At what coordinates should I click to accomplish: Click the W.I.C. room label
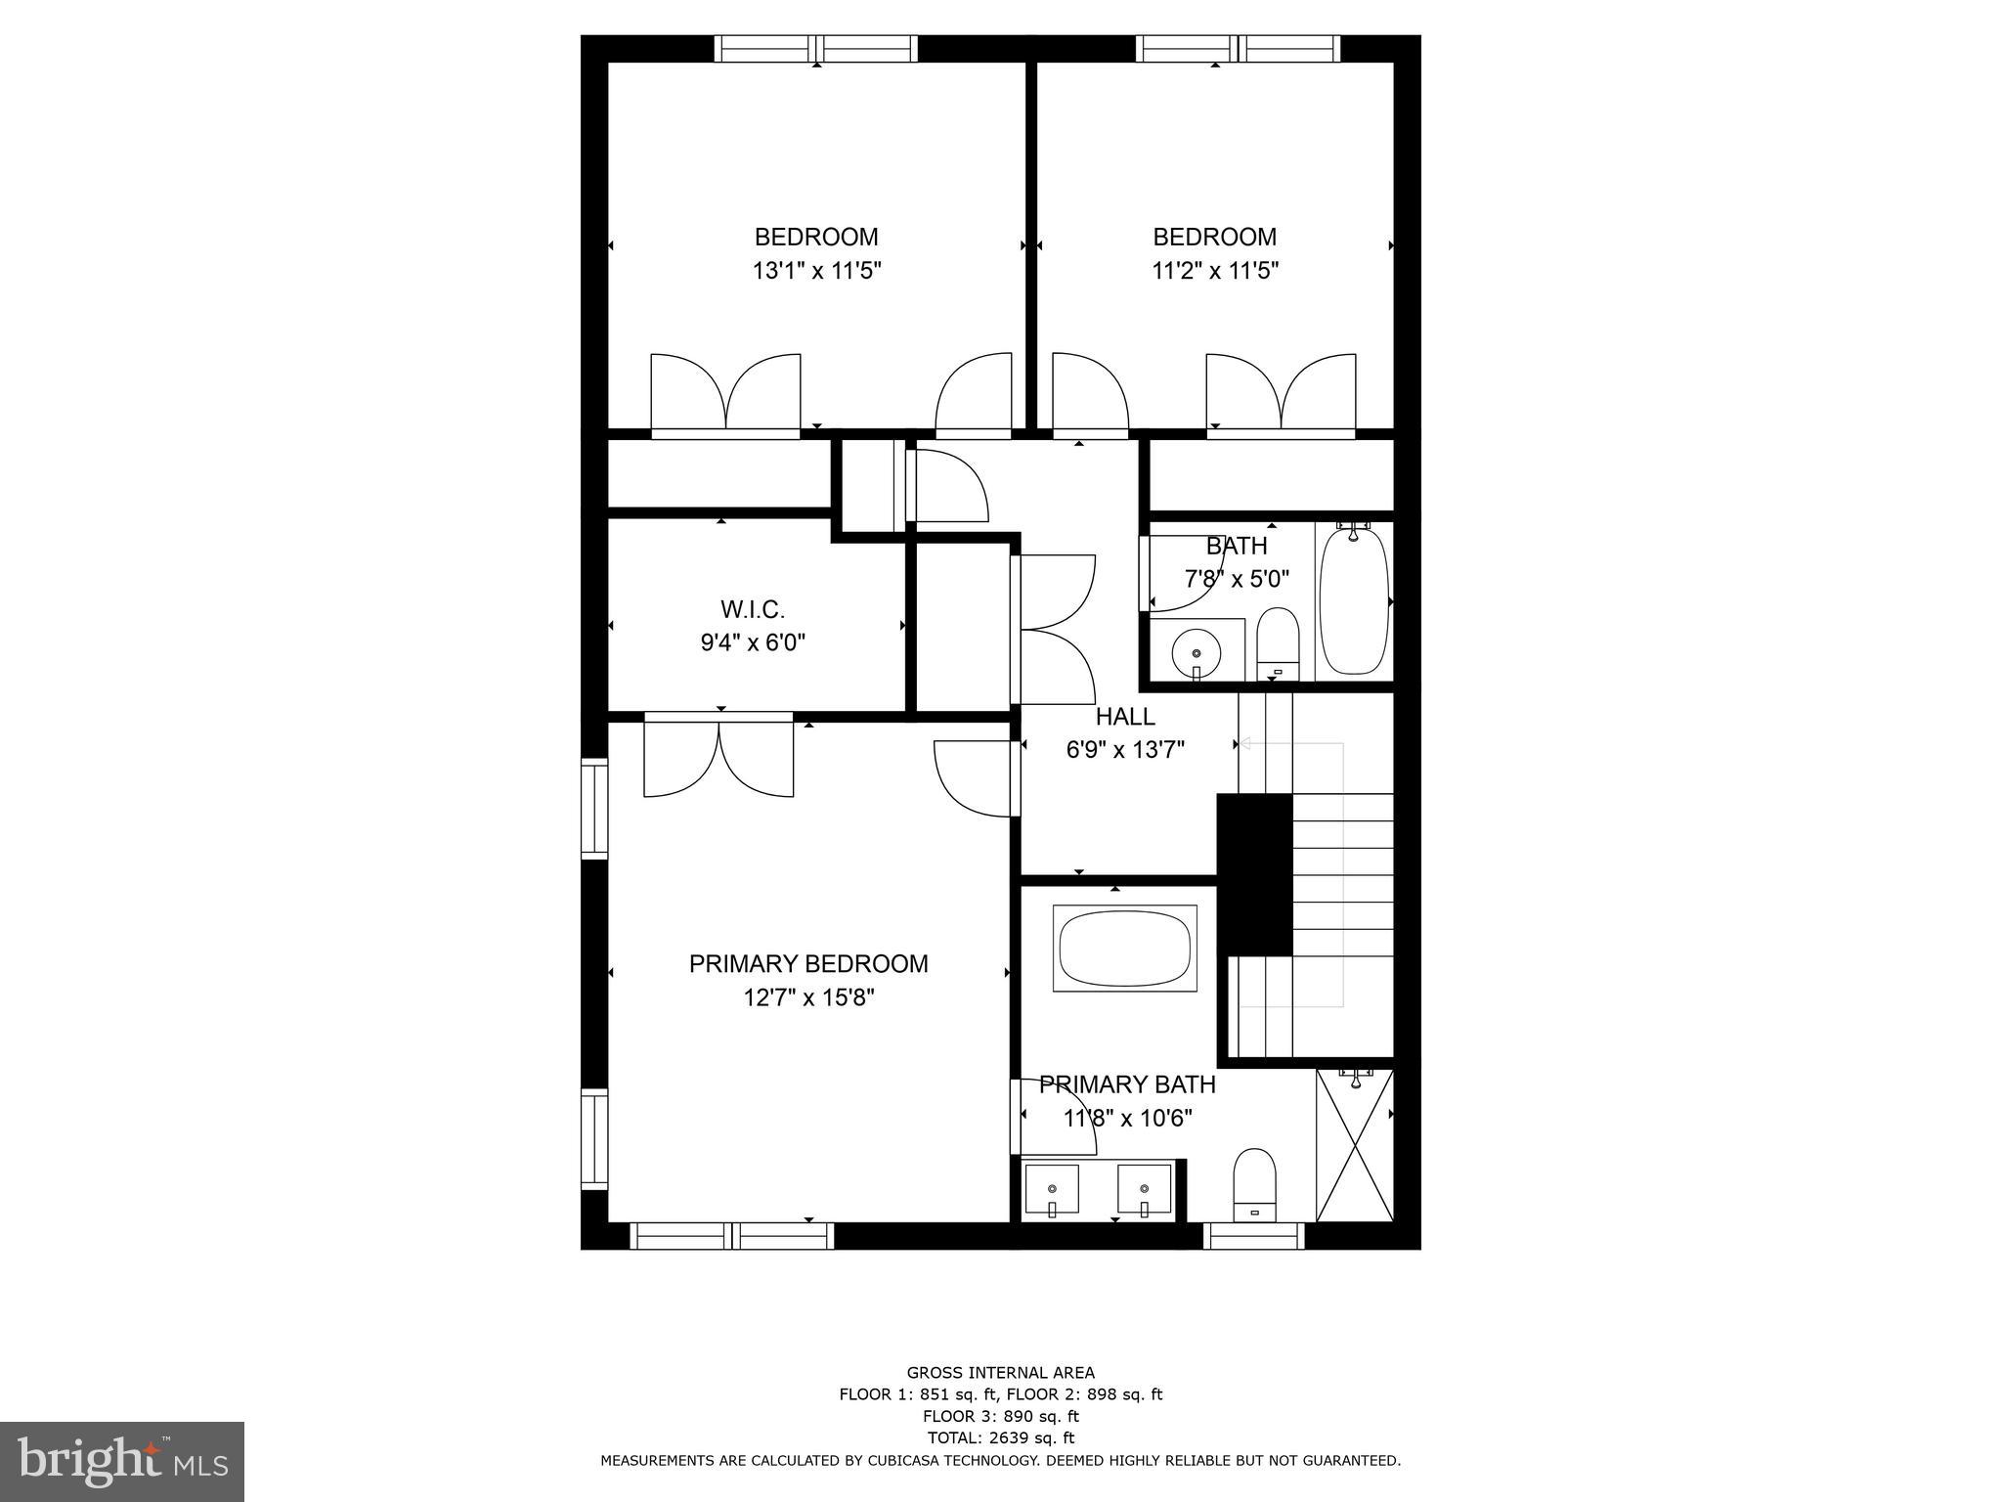point(753,609)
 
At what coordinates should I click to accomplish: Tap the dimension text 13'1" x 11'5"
point(817,271)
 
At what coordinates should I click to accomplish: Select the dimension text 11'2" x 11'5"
point(1215,271)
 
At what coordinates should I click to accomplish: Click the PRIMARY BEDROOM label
point(808,963)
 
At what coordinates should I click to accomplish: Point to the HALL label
point(1125,716)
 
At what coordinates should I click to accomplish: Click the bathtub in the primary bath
point(1124,949)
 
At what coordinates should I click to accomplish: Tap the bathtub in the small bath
point(1354,601)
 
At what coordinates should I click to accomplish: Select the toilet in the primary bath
point(1255,1183)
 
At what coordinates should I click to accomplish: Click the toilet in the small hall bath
point(1277,642)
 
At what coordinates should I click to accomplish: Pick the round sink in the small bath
point(1196,649)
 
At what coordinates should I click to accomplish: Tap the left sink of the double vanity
point(1052,1189)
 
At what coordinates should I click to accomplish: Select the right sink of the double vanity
point(1145,1189)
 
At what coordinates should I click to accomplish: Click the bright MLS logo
point(122,1461)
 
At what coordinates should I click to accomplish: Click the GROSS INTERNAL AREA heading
point(1000,1372)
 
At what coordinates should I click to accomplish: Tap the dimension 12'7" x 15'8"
point(808,997)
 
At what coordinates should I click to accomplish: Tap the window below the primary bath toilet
point(1254,1236)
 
